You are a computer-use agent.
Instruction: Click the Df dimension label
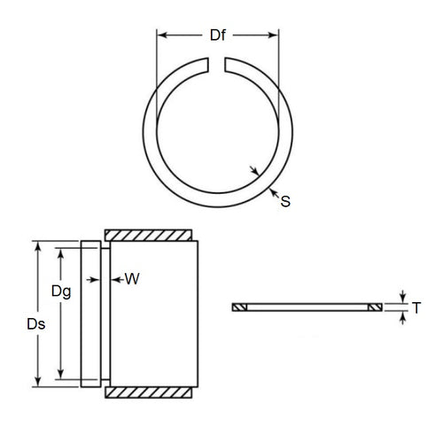[x=216, y=36]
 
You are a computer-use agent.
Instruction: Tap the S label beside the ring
[x=285, y=202]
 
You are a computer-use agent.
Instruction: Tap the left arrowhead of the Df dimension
[x=161, y=36]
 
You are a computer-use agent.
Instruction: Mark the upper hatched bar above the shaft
[x=149, y=235]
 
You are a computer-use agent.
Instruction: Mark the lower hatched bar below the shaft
[x=149, y=391]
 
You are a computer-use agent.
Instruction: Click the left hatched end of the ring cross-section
[x=238, y=307]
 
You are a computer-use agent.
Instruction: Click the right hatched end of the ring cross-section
[x=375, y=307]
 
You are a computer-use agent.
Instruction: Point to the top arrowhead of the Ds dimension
[x=37, y=245]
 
